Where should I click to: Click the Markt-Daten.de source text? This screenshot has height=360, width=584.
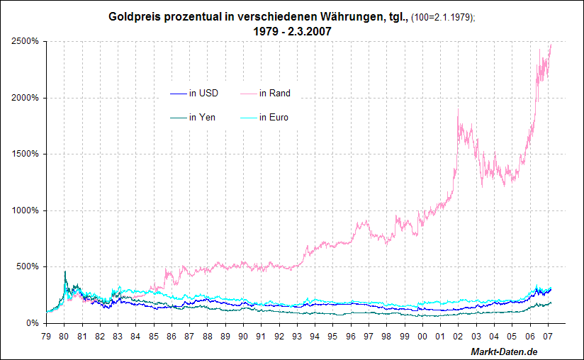(x=504, y=352)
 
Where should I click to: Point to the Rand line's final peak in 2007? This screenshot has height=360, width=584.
(x=551, y=45)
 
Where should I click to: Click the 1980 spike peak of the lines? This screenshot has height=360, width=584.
(x=65, y=271)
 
